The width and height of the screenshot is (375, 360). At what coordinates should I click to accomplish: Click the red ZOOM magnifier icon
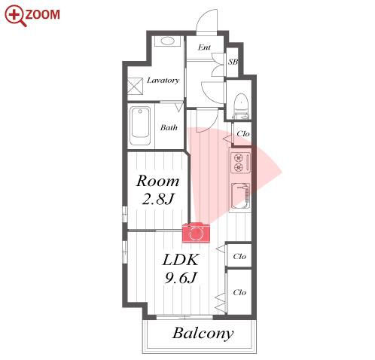(x=15, y=16)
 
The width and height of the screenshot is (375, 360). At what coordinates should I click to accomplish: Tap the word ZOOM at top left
(x=43, y=14)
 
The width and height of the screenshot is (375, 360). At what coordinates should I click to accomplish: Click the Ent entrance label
(x=204, y=47)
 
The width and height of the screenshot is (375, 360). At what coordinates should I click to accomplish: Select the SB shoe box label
(x=233, y=62)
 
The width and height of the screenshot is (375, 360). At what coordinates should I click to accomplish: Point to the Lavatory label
(x=163, y=81)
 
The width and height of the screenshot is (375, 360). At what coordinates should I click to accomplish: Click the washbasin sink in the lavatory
(x=167, y=41)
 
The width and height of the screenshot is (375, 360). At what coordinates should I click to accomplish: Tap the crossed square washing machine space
(x=136, y=86)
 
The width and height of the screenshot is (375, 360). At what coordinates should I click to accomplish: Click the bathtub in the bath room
(x=141, y=126)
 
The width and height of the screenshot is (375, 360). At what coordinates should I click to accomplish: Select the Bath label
(x=169, y=127)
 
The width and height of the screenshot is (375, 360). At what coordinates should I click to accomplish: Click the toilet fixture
(x=242, y=106)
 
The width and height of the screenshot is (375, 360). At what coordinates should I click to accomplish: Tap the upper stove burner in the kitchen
(x=238, y=158)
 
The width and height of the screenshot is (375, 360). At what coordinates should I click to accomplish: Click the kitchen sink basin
(x=240, y=196)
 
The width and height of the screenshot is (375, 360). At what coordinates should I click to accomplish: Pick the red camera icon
(x=196, y=233)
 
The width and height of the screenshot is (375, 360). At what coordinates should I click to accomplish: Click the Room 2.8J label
(x=158, y=191)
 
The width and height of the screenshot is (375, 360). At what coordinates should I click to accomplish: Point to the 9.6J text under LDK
(x=180, y=278)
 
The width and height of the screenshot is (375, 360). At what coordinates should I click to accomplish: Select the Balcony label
(x=203, y=334)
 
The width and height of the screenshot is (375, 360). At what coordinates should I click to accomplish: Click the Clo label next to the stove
(x=243, y=133)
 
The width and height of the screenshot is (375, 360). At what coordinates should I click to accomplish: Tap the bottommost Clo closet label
(x=239, y=292)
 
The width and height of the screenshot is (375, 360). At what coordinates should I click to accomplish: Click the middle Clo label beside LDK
(x=239, y=256)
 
